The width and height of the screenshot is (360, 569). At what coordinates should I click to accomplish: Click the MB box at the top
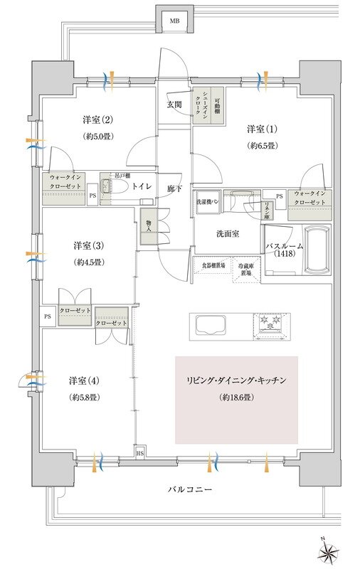(x=174, y=21)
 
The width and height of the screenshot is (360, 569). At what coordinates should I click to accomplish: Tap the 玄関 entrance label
(x=174, y=104)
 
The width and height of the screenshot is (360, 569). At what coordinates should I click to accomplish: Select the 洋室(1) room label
(x=262, y=129)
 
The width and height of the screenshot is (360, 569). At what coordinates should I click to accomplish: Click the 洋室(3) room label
(x=89, y=245)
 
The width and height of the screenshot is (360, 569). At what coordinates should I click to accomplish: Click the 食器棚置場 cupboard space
(x=211, y=265)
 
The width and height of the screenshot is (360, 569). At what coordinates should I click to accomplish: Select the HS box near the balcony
(x=139, y=452)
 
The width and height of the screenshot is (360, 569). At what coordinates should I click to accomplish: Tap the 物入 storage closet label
(x=149, y=225)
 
